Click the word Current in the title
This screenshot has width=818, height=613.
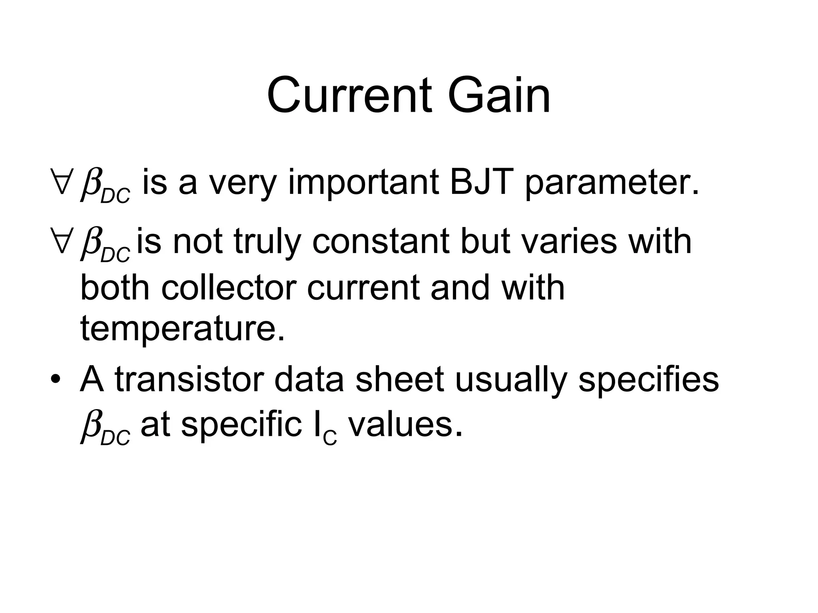click(x=349, y=96)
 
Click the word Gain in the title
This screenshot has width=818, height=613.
click(x=499, y=96)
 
